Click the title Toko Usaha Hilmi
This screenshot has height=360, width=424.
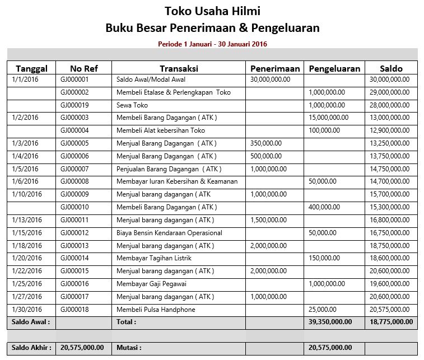[x=212, y=11]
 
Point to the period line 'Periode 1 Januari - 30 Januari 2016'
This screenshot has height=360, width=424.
[x=212, y=43]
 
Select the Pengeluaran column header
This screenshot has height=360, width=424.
[x=334, y=68]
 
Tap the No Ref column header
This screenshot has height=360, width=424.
[x=84, y=68]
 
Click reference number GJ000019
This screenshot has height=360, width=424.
[x=74, y=105]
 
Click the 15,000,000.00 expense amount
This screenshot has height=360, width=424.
[x=328, y=118]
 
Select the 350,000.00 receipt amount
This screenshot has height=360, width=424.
[x=266, y=143]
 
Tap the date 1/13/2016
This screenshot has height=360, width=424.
[x=27, y=220]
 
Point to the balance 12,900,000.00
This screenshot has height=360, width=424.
[x=390, y=130]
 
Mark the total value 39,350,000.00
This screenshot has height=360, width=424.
[x=330, y=322]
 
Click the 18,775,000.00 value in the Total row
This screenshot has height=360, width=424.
[x=391, y=322]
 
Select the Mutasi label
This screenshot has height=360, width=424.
[x=129, y=348]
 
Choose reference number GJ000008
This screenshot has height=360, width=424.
[x=74, y=181]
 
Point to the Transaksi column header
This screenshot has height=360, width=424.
[x=179, y=68]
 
